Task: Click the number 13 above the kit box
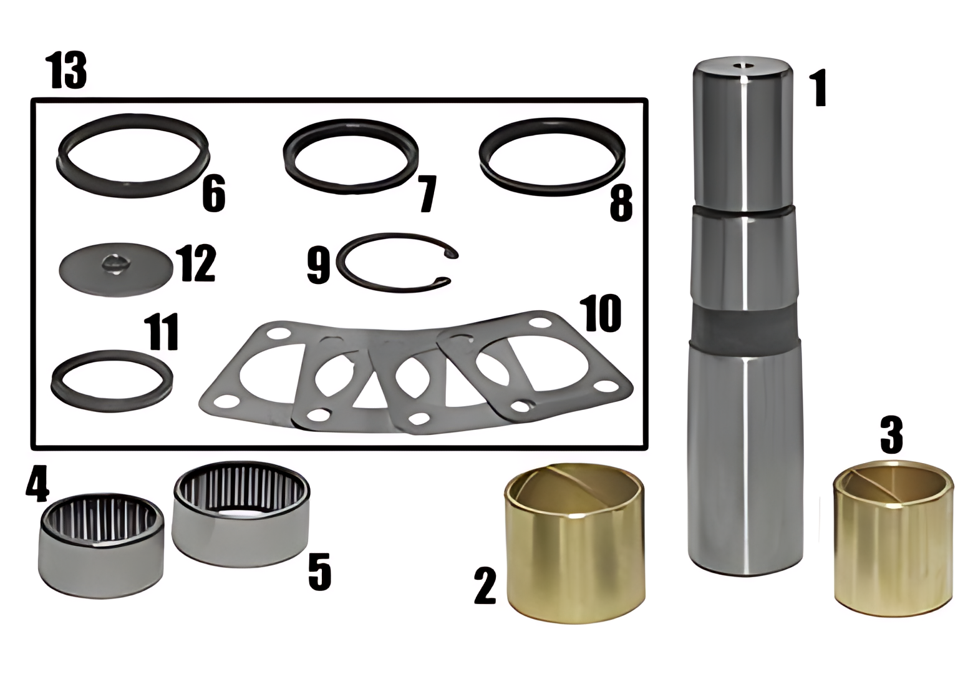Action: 68,71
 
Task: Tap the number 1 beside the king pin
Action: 818,90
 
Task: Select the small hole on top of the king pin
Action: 742,66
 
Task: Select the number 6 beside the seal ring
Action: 214,193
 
